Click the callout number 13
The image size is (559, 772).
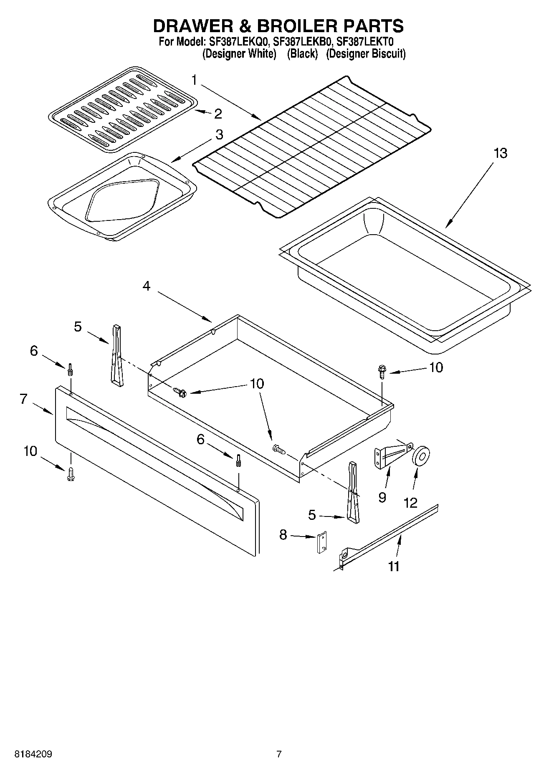point(500,153)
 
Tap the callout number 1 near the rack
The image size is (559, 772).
point(195,79)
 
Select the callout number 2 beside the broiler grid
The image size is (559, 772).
point(218,114)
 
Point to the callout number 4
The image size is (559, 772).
point(146,286)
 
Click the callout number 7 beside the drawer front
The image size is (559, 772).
point(23,399)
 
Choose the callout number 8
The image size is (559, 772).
point(283,534)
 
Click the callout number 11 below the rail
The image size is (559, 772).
point(394,566)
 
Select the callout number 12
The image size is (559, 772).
point(411,503)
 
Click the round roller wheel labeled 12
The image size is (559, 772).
point(421,456)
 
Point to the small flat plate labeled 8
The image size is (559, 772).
point(321,543)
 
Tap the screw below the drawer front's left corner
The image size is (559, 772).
point(70,473)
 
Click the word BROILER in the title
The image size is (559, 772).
point(298,26)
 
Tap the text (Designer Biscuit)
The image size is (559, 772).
point(365,54)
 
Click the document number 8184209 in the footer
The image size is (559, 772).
point(33,754)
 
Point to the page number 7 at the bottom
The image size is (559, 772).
point(279,754)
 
